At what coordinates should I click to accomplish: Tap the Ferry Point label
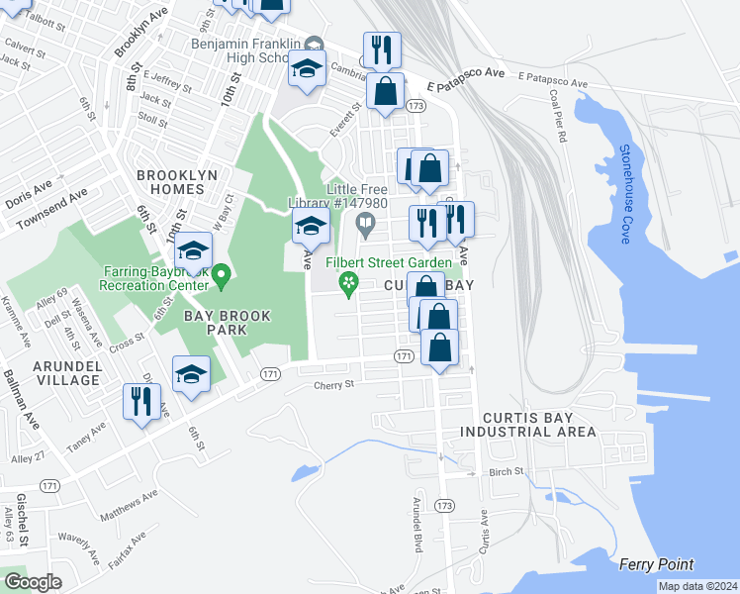[656, 564]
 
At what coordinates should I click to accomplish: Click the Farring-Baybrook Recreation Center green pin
[222, 277]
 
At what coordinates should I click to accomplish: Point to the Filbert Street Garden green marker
[348, 284]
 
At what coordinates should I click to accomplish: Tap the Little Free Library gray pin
[365, 226]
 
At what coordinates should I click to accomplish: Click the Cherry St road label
[333, 385]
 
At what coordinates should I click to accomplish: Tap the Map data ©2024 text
[695, 586]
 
